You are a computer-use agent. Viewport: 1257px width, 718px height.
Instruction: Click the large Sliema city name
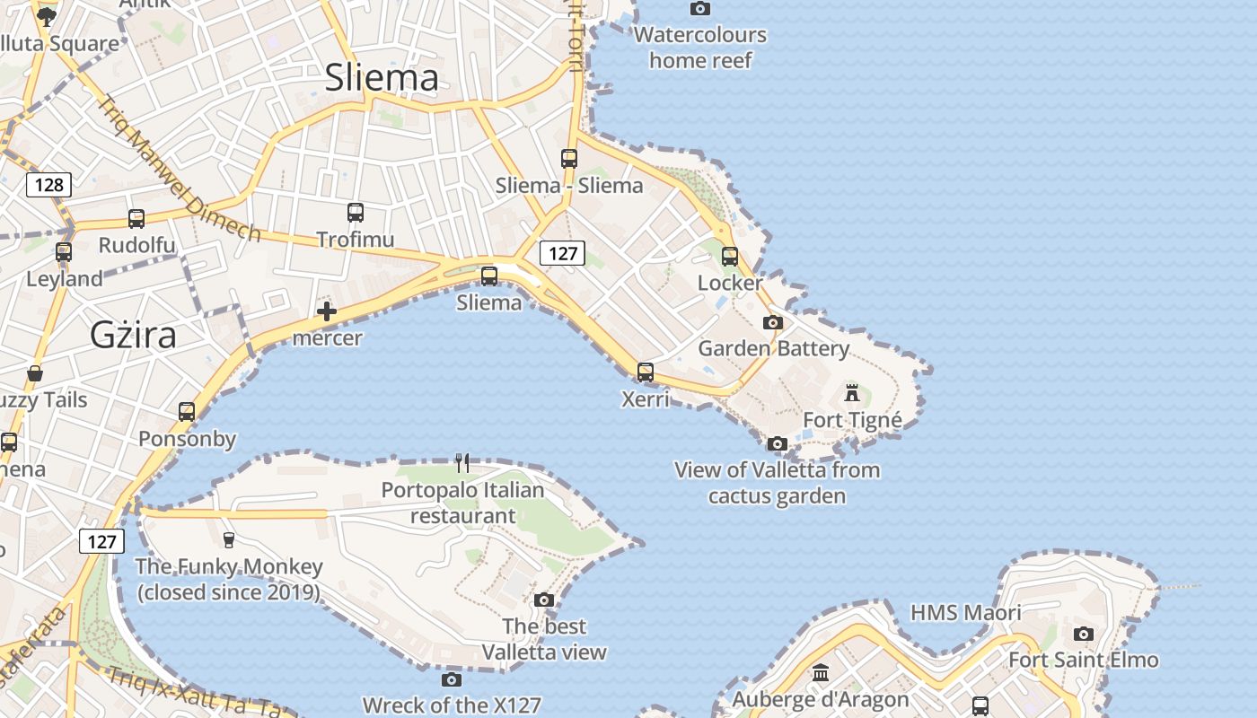(382, 77)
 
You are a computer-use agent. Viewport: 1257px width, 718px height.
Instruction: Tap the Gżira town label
(133, 335)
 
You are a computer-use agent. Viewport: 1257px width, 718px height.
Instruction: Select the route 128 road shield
(48, 185)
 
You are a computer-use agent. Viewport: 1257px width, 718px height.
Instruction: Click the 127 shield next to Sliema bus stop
(562, 253)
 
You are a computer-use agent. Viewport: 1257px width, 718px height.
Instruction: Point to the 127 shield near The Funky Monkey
(101, 541)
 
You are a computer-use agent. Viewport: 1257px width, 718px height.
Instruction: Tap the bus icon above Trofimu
(356, 213)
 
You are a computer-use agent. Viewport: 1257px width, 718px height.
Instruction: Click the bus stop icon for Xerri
(646, 372)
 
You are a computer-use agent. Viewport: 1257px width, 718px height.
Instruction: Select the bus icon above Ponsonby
(187, 412)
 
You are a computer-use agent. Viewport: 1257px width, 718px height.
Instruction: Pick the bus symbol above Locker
(730, 257)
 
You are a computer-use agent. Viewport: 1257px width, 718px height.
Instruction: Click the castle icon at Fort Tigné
(852, 392)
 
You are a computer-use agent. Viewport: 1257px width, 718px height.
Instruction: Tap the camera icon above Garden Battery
(773, 322)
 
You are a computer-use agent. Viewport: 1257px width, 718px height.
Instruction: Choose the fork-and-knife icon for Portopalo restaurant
(462, 463)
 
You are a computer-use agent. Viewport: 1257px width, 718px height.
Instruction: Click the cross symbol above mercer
(327, 311)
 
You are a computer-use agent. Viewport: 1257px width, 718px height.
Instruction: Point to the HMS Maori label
(965, 613)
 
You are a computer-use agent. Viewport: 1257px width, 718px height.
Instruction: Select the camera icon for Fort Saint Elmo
(1084, 634)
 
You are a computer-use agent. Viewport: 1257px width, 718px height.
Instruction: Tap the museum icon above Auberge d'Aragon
(821, 672)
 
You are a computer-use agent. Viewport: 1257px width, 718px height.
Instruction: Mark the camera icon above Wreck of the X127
(452, 679)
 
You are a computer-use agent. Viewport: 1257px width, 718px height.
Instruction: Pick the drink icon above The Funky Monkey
(228, 539)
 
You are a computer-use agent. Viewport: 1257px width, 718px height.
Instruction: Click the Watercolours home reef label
(700, 48)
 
